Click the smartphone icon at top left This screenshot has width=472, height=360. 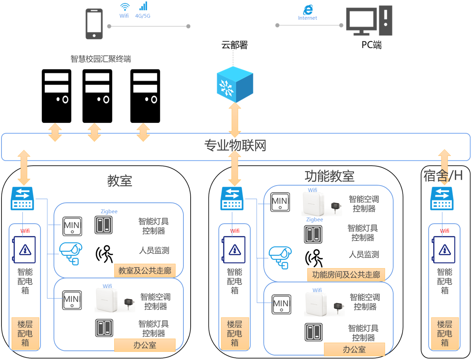[x=94, y=24]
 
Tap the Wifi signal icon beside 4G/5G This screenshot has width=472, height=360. [x=125, y=7]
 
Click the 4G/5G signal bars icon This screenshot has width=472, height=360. [x=143, y=6]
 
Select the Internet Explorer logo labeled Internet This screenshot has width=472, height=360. [x=307, y=10]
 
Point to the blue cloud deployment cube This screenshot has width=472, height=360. [x=235, y=84]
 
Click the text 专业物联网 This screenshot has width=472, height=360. [x=235, y=146]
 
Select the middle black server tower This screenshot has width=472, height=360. [x=97, y=96]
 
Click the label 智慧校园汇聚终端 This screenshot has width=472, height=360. [x=101, y=59]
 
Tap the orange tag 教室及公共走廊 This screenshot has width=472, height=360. [x=145, y=271]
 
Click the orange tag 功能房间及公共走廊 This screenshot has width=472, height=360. [x=346, y=275]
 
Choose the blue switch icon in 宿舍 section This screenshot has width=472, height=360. [x=442, y=199]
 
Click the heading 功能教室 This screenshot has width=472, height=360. [x=329, y=176]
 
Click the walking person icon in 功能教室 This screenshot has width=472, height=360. [x=314, y=258]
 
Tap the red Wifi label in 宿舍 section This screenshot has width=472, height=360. [x=444, y=231]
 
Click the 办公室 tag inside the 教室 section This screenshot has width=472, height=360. [x=145, y=345]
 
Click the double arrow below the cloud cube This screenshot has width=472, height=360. [x=235, y=120]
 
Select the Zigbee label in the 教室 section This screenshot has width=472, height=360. [x=109, y=211]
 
